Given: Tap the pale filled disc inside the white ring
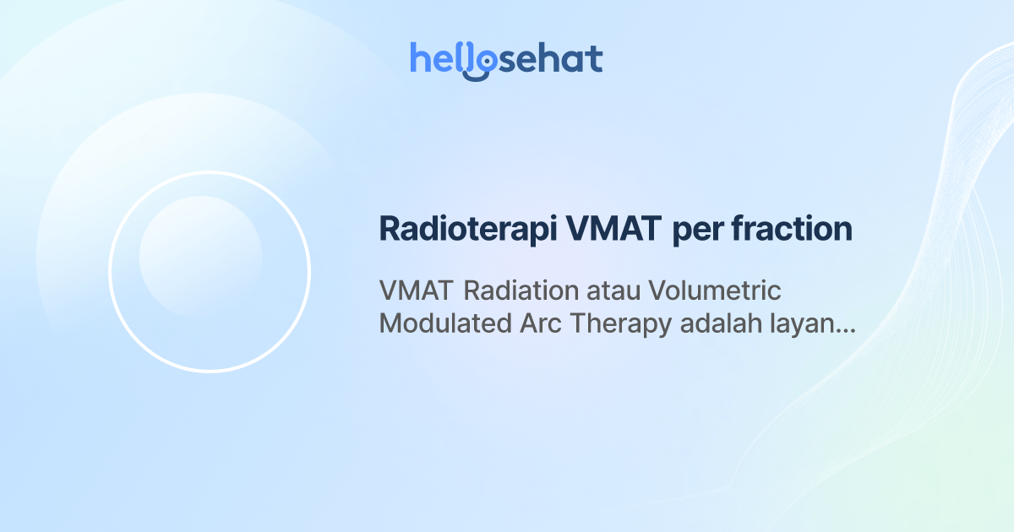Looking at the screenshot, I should coord(200,257).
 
